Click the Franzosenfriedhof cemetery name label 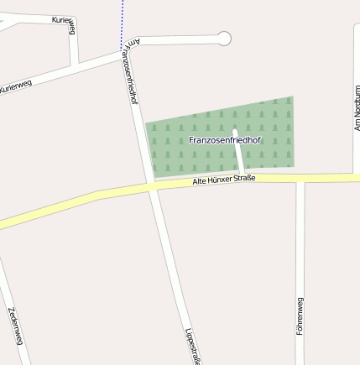coord(226,139)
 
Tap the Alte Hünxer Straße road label coord(223,179)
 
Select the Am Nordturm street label coord(356,108)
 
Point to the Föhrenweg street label coord(300,316)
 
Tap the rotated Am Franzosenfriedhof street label coord(129,71)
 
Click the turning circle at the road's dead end coord(224,38)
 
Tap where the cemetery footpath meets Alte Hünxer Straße coord(243,175)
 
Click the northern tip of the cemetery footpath coord(235,131)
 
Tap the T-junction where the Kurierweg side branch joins coord(76,65)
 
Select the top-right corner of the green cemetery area coord(292,97)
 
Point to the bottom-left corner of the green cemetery coord(152,177)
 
